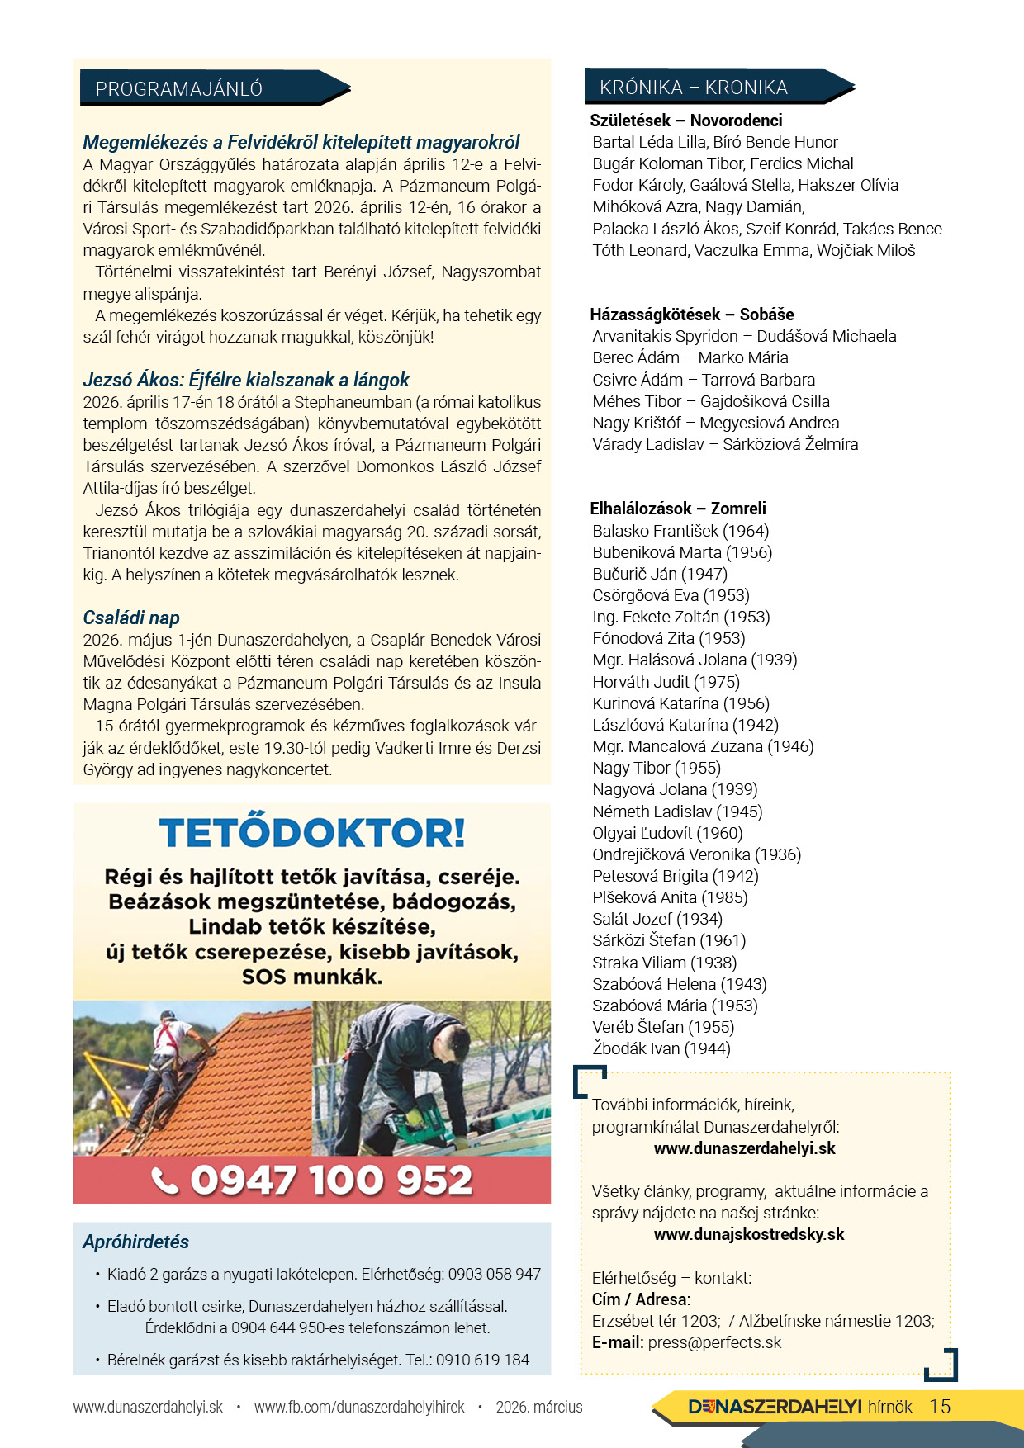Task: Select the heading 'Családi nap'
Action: pos(131,618)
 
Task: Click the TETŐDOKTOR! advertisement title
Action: pos(312,833)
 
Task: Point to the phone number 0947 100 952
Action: pos(331,1181)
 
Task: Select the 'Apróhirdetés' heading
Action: pos(135,1242)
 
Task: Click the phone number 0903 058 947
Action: pos(494,1274)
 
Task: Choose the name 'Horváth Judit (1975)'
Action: pos(666,682)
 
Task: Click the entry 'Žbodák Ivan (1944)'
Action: pos(661,1048)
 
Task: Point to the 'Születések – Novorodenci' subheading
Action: pos(685,121)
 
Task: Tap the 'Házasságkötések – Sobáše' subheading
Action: pos(691,315)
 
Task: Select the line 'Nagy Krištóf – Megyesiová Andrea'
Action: pos(715,423)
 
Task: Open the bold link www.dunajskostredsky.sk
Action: pos(748,1234)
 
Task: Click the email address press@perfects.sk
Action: pos(714,1342)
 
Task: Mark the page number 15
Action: pos(940,1407)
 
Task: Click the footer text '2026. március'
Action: pos(538,1407)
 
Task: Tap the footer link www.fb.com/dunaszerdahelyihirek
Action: pos(359,1407)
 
